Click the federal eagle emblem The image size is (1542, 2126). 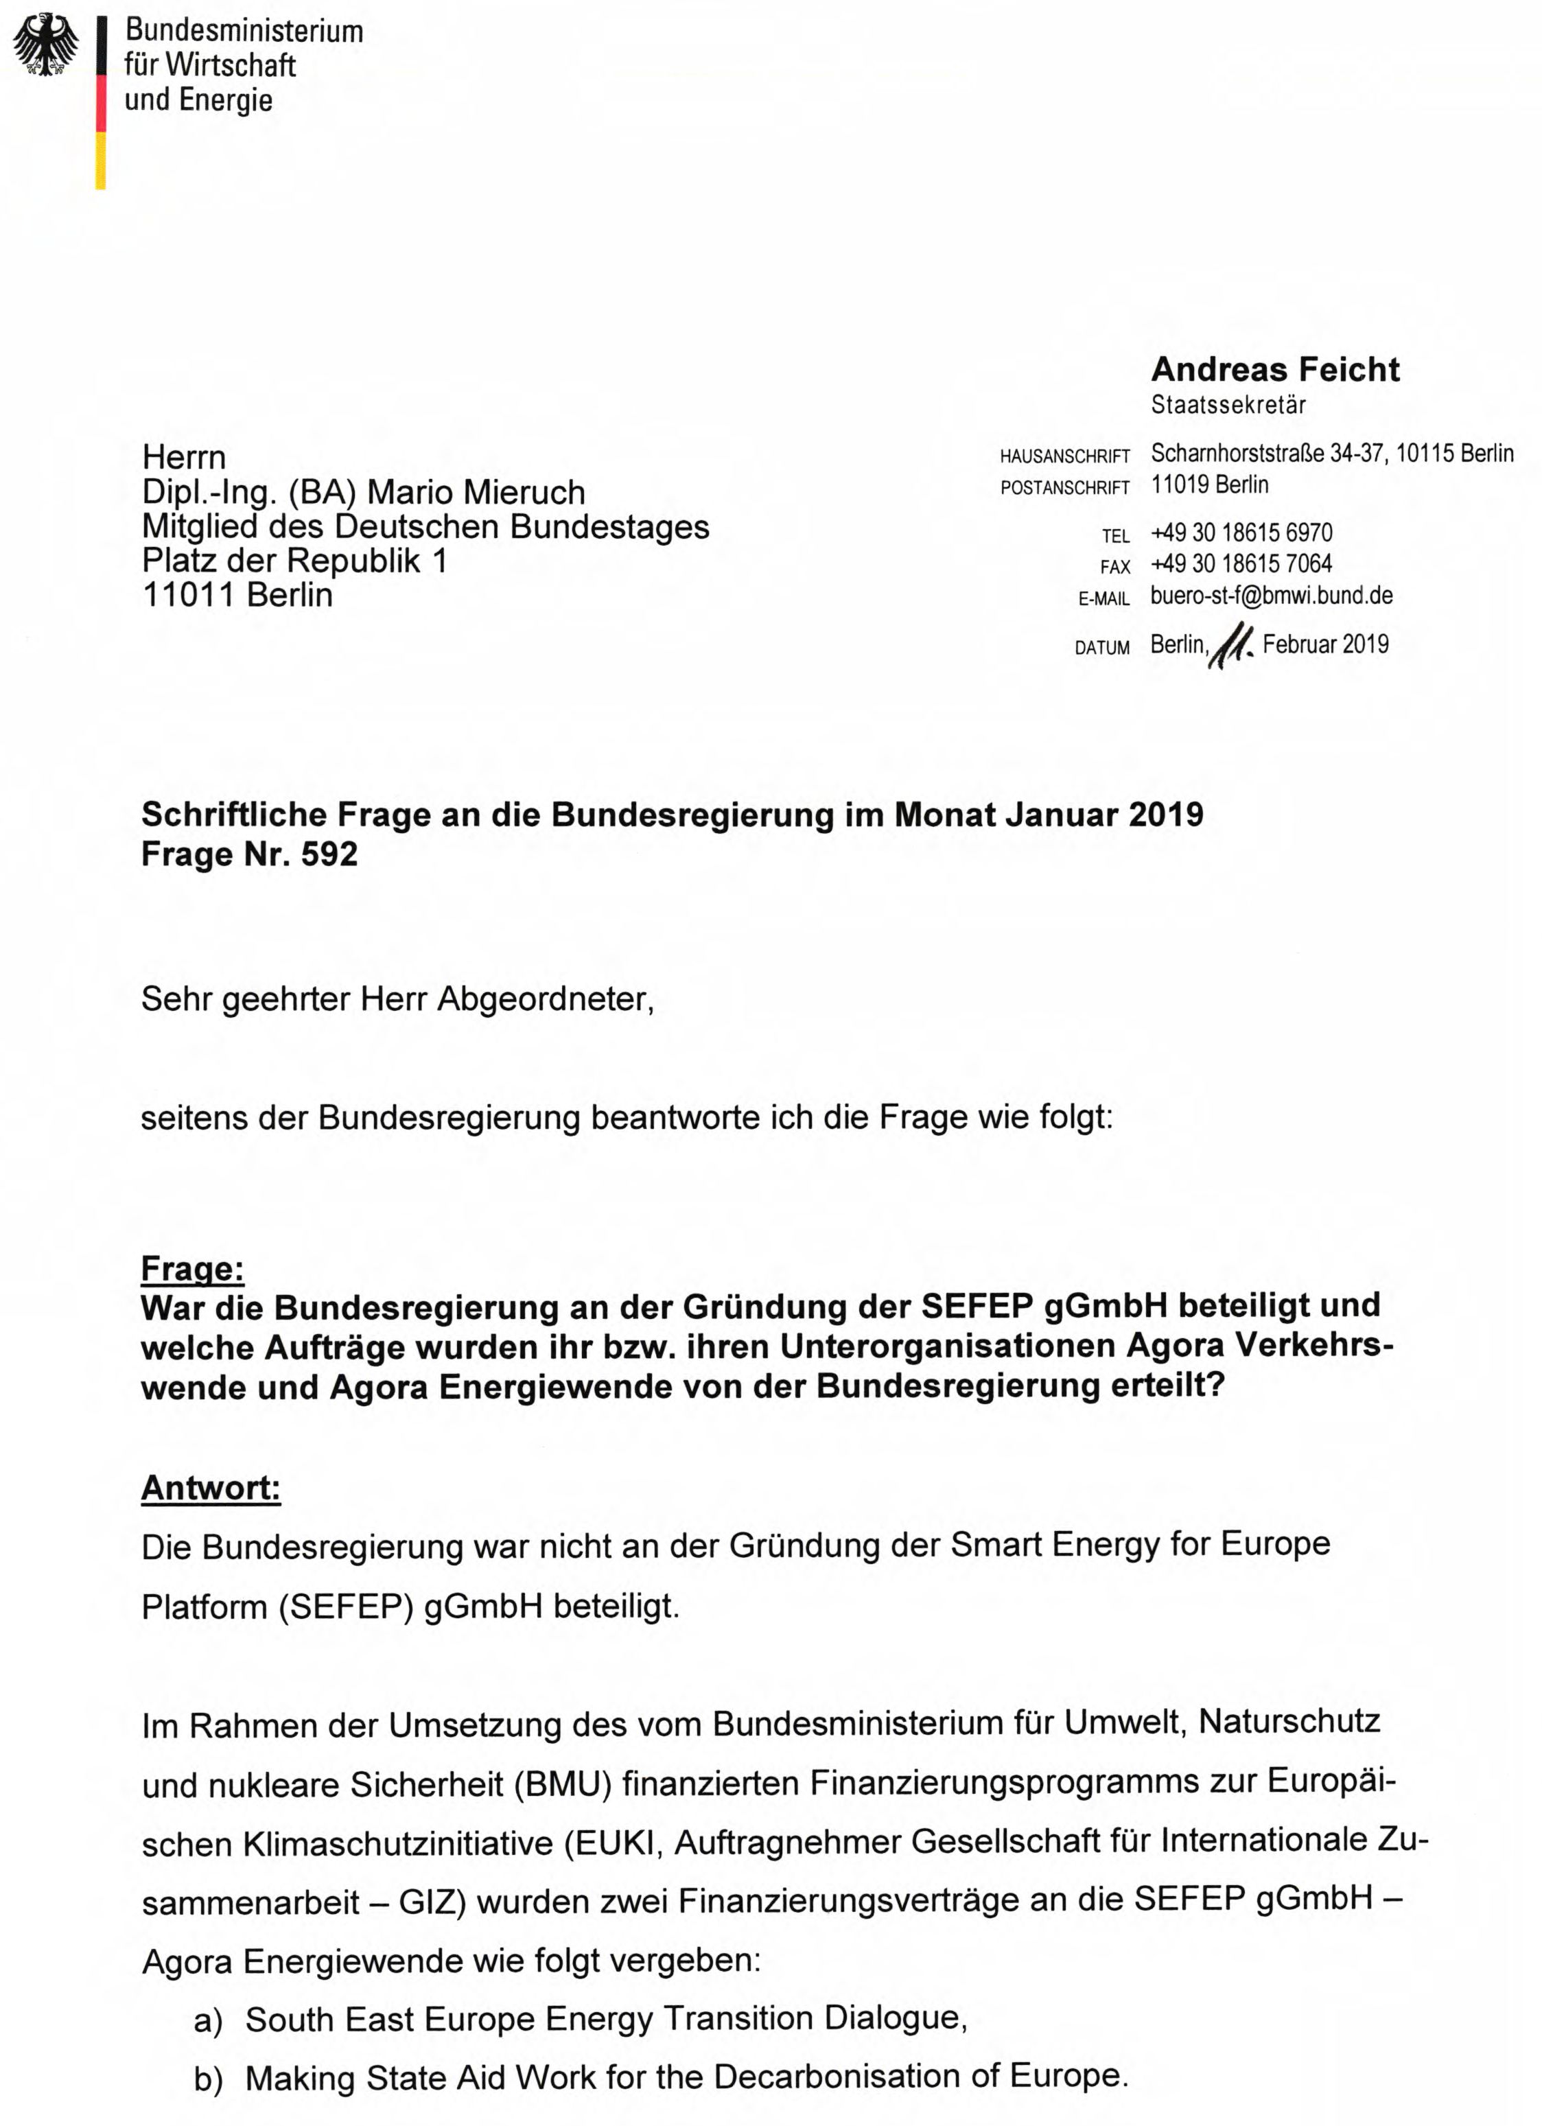coord(46,45)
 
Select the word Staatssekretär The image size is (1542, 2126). coord(1228,405)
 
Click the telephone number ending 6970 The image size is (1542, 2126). coord(1241,533)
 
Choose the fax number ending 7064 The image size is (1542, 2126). coord(1241,563)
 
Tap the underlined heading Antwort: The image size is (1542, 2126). coord(211,1488)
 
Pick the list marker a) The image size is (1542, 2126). coord(208,2021)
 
